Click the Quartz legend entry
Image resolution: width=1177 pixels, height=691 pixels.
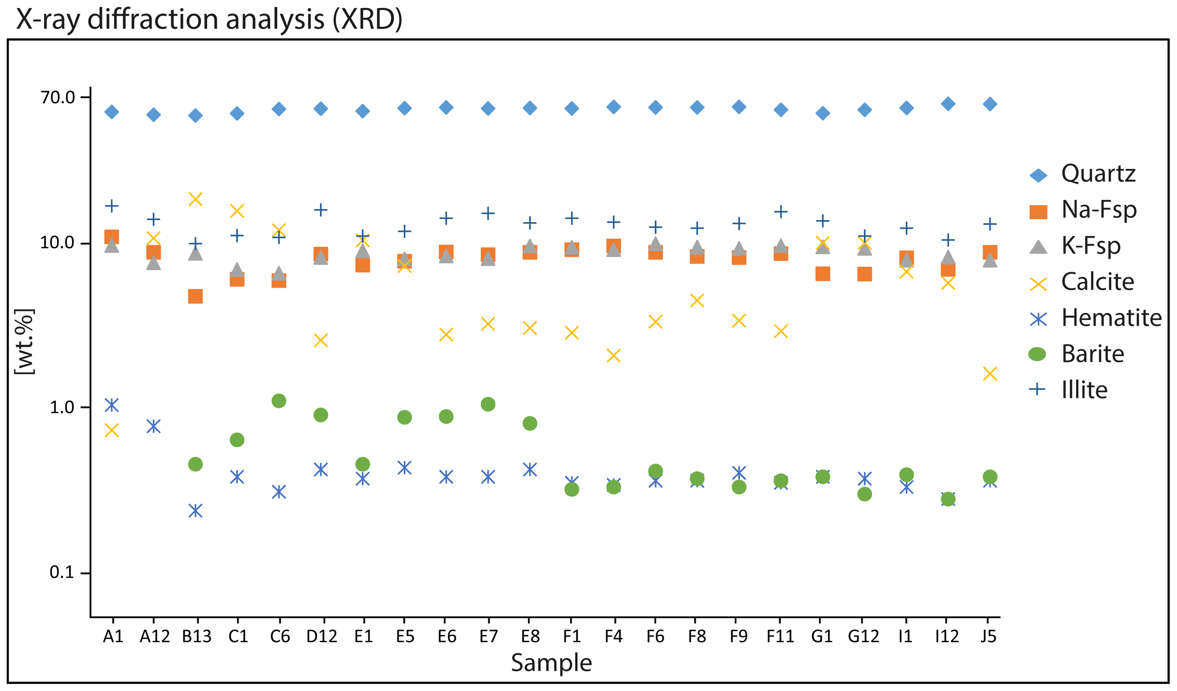pos(1097,174)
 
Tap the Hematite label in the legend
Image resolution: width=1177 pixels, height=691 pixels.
pos(1111,318)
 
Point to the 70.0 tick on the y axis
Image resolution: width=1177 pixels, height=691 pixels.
pos(58,97)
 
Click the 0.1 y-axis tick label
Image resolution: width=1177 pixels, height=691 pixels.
pos(62,572)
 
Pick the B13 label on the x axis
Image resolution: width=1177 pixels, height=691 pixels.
pos(197,636)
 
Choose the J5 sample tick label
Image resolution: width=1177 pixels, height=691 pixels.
pos(988,636)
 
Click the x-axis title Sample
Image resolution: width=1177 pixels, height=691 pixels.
pos(551,663)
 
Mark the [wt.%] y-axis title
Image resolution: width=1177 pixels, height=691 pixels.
pos(24,342)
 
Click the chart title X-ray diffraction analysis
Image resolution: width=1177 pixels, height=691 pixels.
pos(209,20)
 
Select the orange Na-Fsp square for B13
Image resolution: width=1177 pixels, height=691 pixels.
pos(195,296)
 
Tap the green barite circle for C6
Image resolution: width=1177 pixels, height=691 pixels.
pos(279,400)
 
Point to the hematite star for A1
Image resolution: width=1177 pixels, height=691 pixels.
pos(111,405)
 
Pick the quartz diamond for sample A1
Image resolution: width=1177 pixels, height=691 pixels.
pos(111,111)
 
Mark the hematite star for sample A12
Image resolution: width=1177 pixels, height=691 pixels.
pos(154,426)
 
